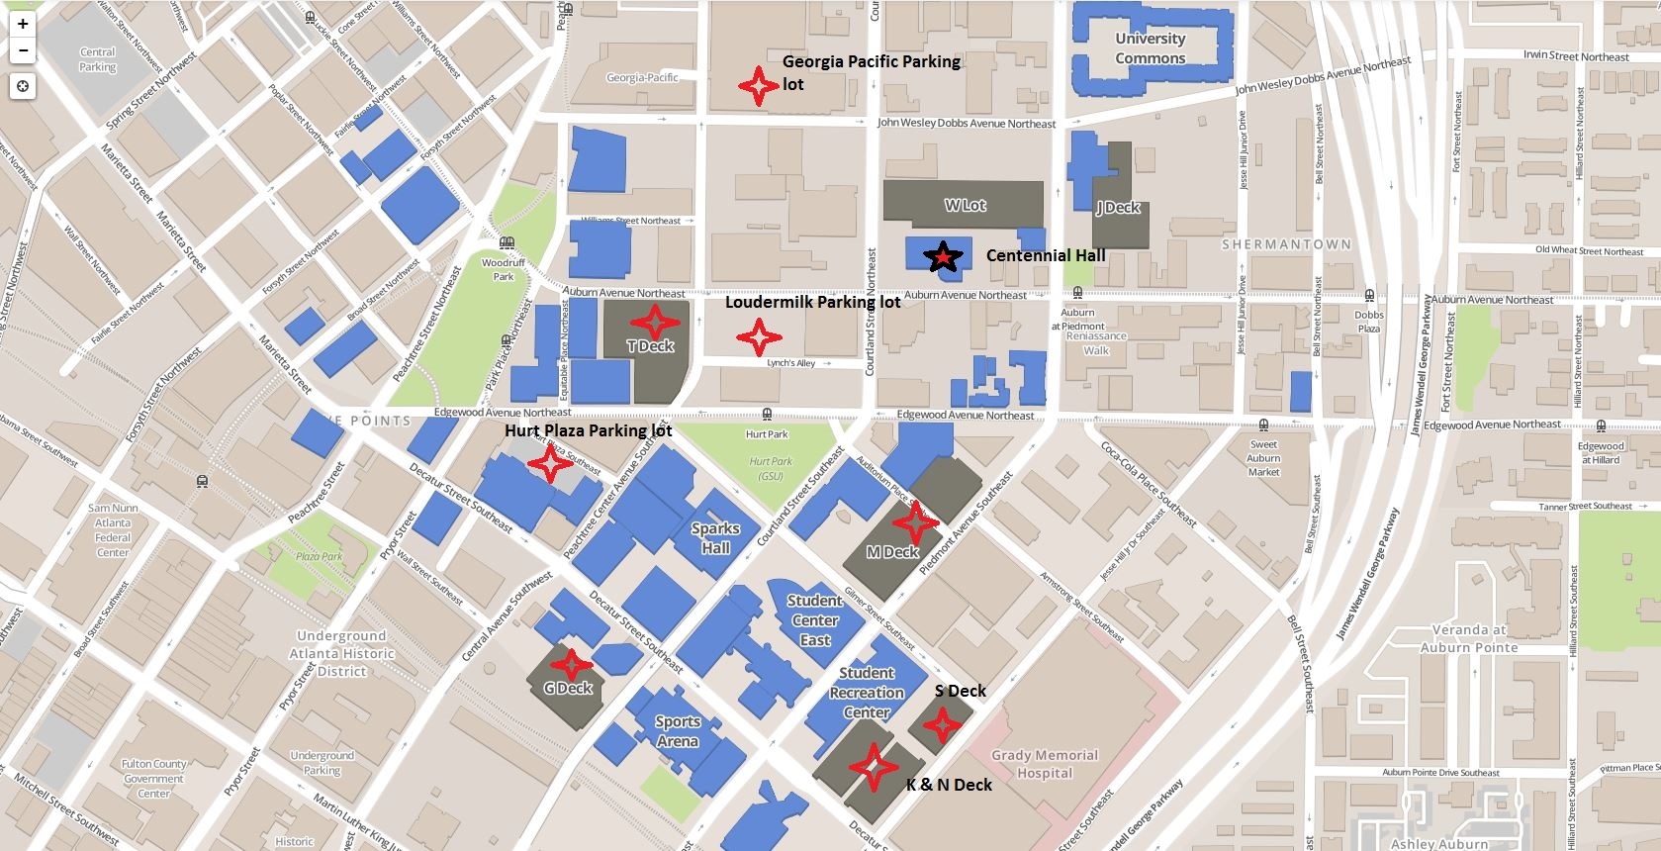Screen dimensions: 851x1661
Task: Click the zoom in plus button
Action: [22, 24]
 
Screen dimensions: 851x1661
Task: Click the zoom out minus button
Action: [22, 50]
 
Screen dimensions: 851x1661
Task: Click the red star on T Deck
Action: [653, 321]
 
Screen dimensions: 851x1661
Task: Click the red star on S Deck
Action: [942, 726]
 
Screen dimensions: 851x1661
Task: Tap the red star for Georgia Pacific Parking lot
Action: [759, 86]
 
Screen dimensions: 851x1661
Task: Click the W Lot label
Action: [965, 206]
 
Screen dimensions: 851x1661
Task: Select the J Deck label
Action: [1118, 208]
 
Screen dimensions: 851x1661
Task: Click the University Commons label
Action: [1150, 48]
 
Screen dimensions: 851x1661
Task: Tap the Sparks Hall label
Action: [715, 538]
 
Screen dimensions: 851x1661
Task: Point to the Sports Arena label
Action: [678, 732]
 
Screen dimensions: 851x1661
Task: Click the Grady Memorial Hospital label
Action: [1045, 764]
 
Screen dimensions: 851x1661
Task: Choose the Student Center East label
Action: [815, 620]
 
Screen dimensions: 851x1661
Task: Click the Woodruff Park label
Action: [504, 269]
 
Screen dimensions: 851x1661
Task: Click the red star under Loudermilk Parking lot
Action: [759, 337]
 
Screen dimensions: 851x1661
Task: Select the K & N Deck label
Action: [949, 785]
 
